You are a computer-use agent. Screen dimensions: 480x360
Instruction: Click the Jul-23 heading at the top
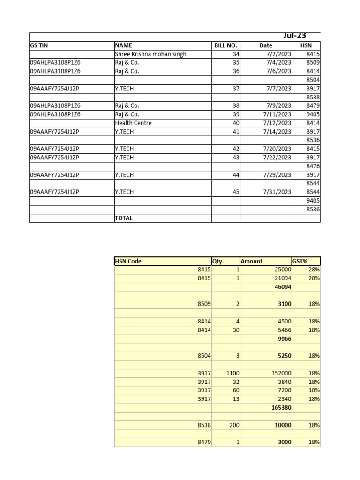(295, 36)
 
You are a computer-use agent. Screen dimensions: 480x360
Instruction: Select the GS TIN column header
(39, 45)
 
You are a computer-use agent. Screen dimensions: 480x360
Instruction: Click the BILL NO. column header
(225, 45)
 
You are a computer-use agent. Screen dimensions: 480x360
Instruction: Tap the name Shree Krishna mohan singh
(150, 54)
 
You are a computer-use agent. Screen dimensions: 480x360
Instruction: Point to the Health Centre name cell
(133, 123)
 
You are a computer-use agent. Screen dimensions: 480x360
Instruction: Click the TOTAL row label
(124, 218)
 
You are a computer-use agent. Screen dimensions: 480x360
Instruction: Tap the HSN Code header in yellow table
(128, 261)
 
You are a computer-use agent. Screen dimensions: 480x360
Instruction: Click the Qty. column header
(218, 261)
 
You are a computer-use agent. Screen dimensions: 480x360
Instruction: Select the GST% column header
(300, 261)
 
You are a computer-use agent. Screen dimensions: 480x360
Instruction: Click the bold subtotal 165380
(281, 408)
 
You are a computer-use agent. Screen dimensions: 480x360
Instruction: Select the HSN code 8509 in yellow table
(204, 304)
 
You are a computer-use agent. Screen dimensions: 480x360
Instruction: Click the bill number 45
(236, 192)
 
